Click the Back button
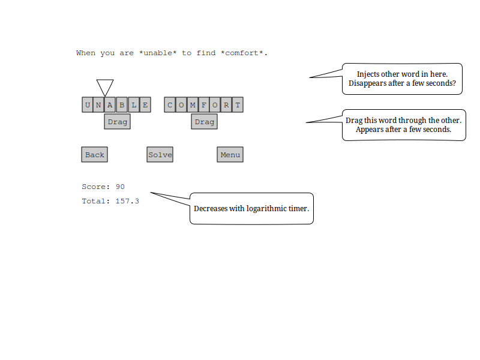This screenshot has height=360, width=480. pyautogui.click(x=94, y=155)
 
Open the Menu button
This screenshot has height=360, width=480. pyautogui.click(x=230, y=155)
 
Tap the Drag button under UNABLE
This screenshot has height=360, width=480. pyautogui.click(x=118, y=122)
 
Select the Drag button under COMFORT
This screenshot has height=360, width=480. pyautogui.click(x=205, y=122)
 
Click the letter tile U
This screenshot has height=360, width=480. pyautogui.click(x=88, y=106)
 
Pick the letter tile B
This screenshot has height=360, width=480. pyautogui.click(x=122, y=106)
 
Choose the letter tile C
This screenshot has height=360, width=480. pyautogui.click(x=170, y=106)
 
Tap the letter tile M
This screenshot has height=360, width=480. pyautogui.click(x=193, y=106)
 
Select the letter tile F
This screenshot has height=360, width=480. pyautogui.click(x=204, y=106)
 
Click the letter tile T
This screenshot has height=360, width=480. pyautogui.click(x=238, y=106)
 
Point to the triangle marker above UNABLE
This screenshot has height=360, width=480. pyautogui.click(x=105, y=86)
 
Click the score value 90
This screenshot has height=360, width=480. pyautogui.click(x=120, y=187)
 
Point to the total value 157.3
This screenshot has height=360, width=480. pyautogui.click(x=127, y=201)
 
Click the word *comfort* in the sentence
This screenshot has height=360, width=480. pyautogui.click(x=243, y=53)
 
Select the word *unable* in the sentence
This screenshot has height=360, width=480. pyautogui.click(x=158, y=53)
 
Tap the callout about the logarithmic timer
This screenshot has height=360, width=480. pyautogui.click(x=251, y=209)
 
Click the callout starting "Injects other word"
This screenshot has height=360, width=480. pyautogui.click(x=402, y=79)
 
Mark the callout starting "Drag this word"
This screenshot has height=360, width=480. pyautogui.click(x=403, y=125)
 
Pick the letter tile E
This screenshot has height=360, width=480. pyautogui.click(x=145, y=106)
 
